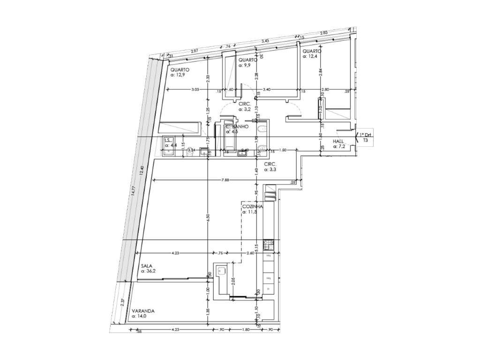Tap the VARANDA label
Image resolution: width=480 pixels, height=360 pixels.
coord(143,311)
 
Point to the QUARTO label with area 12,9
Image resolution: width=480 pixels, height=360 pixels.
coord(180,69)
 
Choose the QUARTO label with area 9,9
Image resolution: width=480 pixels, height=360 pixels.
coord(247,60)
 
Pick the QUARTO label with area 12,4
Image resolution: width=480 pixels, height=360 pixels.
coord(312,51)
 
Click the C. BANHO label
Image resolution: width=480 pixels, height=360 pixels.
coord(237,127)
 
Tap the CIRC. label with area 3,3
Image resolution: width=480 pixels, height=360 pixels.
coord(269,164)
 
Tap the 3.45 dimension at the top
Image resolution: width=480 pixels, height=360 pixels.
coord(265,41)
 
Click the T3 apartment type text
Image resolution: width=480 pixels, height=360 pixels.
coord(365,140)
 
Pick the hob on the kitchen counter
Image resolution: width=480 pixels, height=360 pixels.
coord(268,244)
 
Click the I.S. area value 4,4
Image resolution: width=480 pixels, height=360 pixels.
coord(171,145)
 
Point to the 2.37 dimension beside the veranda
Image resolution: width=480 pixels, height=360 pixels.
coord(123,303)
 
